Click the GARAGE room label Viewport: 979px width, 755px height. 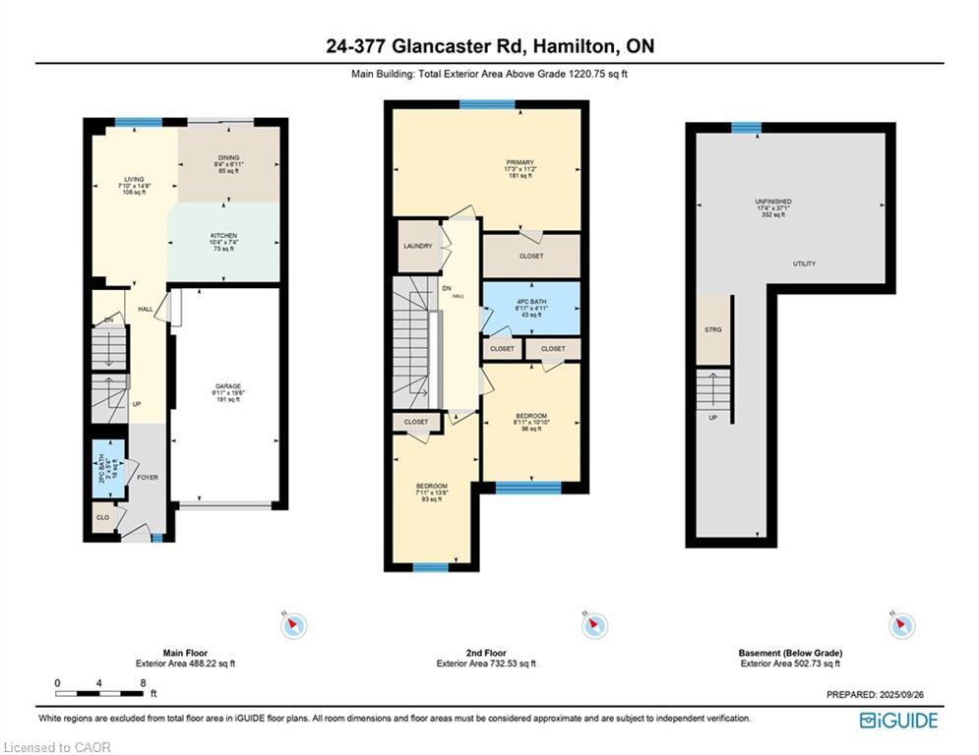pyautogui.click(x=228, y=386)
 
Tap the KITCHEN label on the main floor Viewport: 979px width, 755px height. pyautogui.click(x=223, y=236)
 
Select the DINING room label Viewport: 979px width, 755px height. pyautogui.click(x=228, y=157)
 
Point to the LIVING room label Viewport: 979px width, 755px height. pyautogui.click(x=134, y=180)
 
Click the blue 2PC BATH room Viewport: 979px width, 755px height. pyautogui.click(x=102, y=468)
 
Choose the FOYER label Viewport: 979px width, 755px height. pyautogui.click(x=148, y=478)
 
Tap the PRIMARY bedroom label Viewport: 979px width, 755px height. pyautogui.click(x=520, y=162)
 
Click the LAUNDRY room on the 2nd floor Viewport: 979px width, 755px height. pyautogui.click(x=418, y=246)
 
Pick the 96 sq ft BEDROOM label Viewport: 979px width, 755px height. pyautogui.click(x=531, y=416)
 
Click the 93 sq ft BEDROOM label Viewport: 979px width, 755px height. pyautogui.click(x=431, y=487)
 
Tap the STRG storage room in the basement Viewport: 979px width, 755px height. pyautogui.click(x=714, y=329)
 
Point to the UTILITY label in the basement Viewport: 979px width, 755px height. pyautogui.click(x=804, y=263)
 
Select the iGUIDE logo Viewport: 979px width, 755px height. pyautogui.click(x=898, y=721)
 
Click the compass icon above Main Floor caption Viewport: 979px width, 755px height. pyautogui.click(x=294, y=625)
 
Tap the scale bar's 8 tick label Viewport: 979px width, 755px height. pyautogui.click(x=144, y=682)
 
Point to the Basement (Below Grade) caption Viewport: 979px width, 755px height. pyautogui.click(x=790, y=653)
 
